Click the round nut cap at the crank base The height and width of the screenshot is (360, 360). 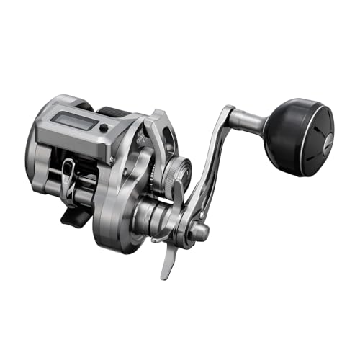coord(200,231)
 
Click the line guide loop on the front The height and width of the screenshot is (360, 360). coord(68,172)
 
